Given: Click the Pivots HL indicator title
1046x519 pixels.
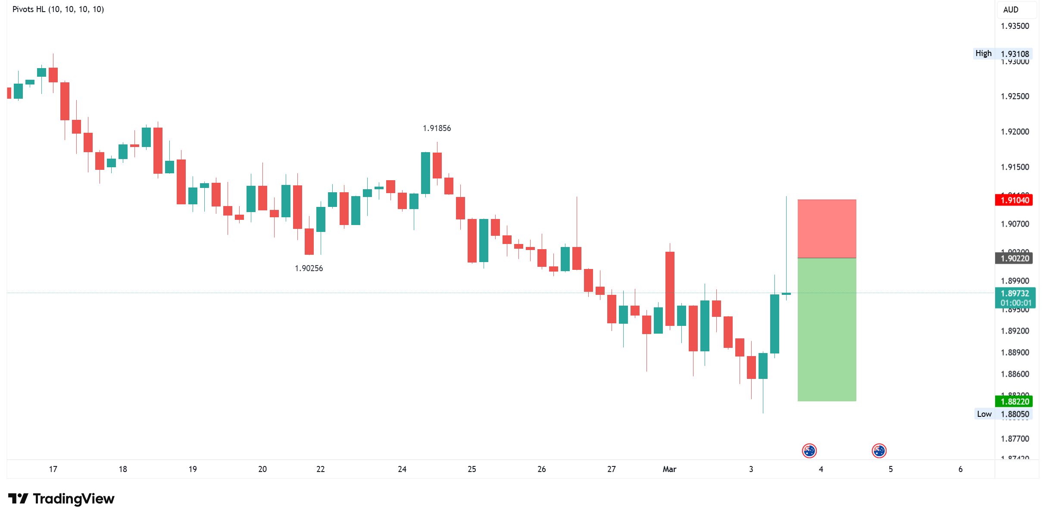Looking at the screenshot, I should tap(58, 9).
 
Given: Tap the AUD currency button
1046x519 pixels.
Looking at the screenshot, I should tap(1011, 9).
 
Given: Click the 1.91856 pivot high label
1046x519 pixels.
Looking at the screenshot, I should tap(437, 128).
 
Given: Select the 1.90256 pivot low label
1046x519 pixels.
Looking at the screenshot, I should tap(309, 268).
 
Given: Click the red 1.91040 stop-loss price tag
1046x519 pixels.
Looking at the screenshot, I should tap(1014, 200).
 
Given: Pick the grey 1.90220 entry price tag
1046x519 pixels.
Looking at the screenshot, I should tap(1014, 258).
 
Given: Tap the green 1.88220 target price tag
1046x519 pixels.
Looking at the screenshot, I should tap(1014, 401).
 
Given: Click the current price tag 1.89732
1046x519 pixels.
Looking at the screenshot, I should tap(1015, 294).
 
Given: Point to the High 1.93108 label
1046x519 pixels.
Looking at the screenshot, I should tap(1002, 53).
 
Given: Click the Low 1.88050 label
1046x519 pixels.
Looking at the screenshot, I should tap(1002, 414).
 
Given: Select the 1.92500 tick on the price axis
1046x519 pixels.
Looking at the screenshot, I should tap(1015, 96).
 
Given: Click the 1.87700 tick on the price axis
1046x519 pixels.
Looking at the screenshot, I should tap(1015, 438).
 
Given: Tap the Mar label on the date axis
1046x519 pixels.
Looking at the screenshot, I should tap(669, 469).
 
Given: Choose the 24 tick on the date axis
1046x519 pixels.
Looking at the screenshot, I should tap(402, 469).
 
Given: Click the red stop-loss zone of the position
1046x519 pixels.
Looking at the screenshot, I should tap(827, 228).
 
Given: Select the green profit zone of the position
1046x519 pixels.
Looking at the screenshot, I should tap(827, 330).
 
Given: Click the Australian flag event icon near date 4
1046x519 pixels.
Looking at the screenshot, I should tap(809, 451).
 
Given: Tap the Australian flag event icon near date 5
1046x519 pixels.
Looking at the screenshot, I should tap(879, 451).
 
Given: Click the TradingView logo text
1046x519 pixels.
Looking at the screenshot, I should tap(73, 499).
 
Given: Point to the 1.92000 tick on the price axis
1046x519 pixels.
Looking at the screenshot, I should tap(1015, 131).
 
